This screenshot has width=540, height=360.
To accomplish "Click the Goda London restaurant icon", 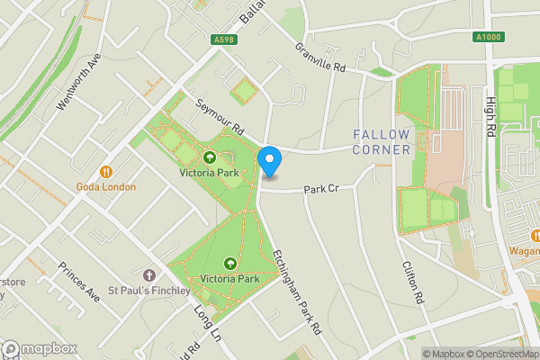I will pyautogui.click(x=106, y=171).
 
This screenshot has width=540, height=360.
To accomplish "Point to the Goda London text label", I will pyautogui.click(x=106, y=187).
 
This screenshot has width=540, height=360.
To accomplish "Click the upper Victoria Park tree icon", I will pyautogui.click(x=210, y=157).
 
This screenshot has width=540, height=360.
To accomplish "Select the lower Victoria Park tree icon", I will pyautogui.click(x=229, y=263).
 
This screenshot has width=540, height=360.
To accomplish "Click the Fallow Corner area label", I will pyautogui.click(x=382, y=141).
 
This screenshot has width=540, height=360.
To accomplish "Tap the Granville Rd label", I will pyautogui.click(x=319, y=56).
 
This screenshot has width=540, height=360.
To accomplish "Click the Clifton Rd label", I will pyautogui.click(x=411, y=281).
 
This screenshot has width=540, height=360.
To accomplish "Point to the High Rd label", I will pyautogui.click(x=491, y=118).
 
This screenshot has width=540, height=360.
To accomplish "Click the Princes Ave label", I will pyautogui.click(x=78, y=281).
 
